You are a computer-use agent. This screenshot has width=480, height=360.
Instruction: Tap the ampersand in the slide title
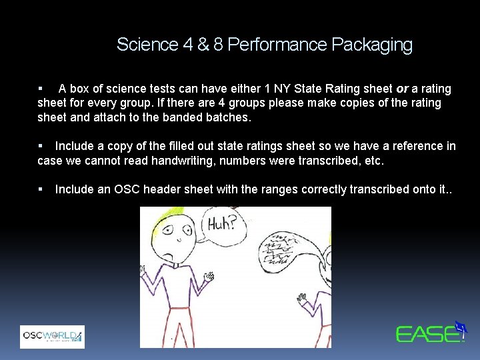202,45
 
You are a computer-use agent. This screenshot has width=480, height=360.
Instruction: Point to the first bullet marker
41,89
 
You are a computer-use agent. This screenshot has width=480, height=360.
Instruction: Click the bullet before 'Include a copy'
41,146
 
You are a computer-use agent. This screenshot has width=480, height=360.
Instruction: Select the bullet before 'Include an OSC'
41,189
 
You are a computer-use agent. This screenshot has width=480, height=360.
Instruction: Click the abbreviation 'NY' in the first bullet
274,89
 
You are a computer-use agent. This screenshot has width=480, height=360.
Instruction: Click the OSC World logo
52,337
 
